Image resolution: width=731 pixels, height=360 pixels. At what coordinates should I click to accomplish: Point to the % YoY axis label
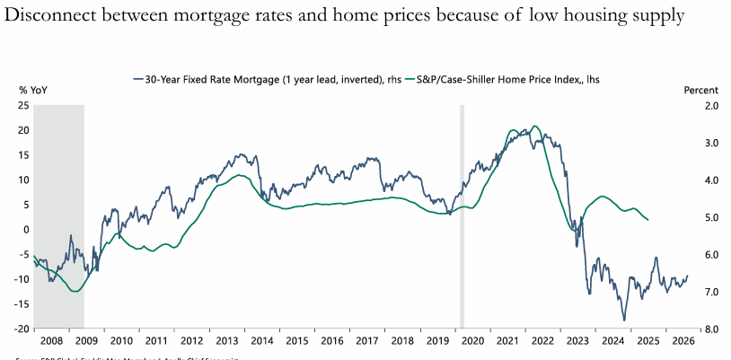click(x=32, y=92)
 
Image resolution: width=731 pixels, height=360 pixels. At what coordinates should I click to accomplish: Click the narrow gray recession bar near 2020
click(x=462, y=215)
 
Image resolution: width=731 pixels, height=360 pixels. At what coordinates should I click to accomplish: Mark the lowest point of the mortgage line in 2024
click(x=623, y=320)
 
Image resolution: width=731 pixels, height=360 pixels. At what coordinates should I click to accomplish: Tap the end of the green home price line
click(x=649, y=220)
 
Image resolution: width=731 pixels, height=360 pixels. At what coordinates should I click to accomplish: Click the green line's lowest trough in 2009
click(x=74, y=291)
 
